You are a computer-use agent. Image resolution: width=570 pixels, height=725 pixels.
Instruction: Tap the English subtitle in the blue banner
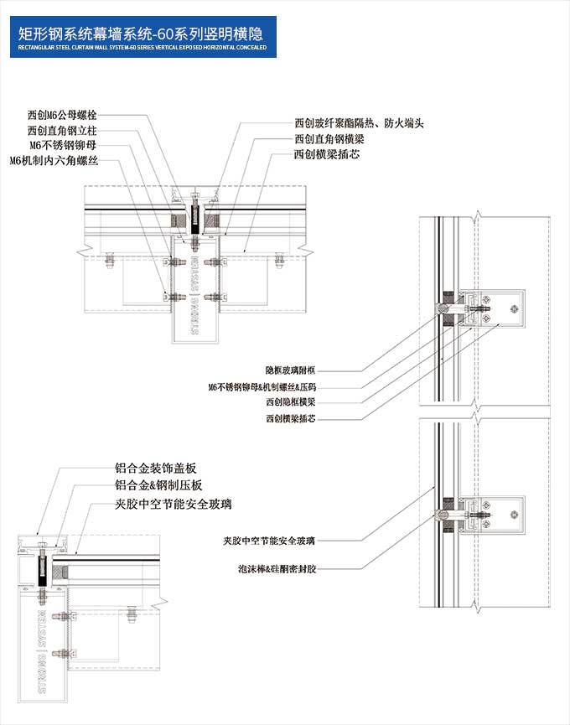[x=142, y=48]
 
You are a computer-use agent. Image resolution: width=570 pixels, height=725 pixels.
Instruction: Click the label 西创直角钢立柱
[x=62, y=130]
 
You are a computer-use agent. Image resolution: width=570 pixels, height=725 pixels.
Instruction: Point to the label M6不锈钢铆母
[x=63, y=145]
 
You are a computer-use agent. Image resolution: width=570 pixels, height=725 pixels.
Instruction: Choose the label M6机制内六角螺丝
[x=54, y=160]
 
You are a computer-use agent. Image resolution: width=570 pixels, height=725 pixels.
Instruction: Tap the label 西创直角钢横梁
[x=327, y=139]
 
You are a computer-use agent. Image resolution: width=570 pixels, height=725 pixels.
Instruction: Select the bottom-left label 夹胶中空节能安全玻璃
[x=174, y=504]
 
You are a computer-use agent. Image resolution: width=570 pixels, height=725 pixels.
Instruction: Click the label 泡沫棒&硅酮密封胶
[x=277, y=569]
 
